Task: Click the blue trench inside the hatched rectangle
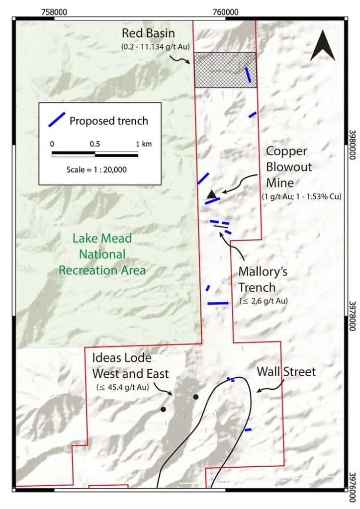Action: coord(248,75)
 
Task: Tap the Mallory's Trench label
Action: coord(263,279)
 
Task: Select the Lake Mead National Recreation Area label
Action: coord(102,254)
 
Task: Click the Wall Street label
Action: coord(286,371)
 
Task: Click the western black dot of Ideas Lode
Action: coord(163,409)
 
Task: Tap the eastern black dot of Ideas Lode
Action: coord(195,397)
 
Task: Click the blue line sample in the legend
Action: coord(56,119)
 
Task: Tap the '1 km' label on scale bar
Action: coord(144,144)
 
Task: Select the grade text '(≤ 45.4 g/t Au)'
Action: coord(123,386)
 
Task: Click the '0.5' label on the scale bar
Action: coord(95,144)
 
